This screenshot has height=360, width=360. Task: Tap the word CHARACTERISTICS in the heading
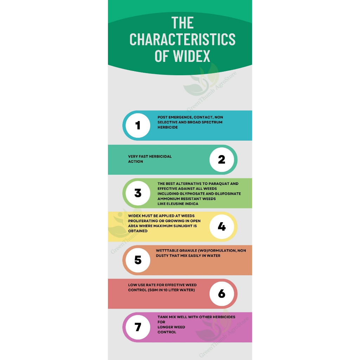pyautogui.click(x=182, y=39)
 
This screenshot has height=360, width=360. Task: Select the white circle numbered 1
pyautogui.click(x=138, y=126)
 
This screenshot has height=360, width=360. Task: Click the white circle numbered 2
pyautogui.click(x=221, y=160)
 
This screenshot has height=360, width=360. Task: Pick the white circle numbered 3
pyautogui.click(x=138, y=193)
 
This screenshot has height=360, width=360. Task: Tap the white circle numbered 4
pyautogui.click(x=221, y=227)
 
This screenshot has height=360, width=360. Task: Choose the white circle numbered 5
pyautogui.click(x=138, y=260)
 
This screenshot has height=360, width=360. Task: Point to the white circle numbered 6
pyautogui.click(x=221, y=294)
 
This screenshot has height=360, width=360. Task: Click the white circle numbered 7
pyautogui.click(x=138, y=327)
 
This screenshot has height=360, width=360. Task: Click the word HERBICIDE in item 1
pyautogui.click(x=167, y=127)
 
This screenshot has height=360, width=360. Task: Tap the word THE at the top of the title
pyautogui.click(x=182, y=23)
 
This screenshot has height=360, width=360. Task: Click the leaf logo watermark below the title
pyautogui.click(x=202, y=83)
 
